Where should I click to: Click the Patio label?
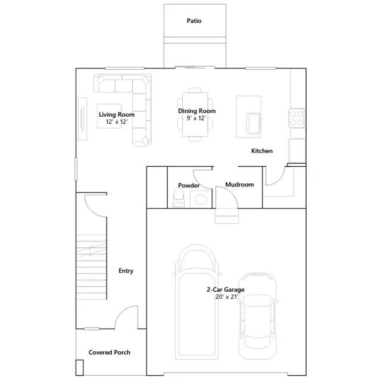pos(194,21)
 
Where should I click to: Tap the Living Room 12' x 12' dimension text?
pos(117,121)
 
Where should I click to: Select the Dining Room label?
pos(197,111)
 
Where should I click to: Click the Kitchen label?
pos(262,151)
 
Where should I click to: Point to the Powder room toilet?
pos(179,198)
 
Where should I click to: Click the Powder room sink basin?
pos(201,200)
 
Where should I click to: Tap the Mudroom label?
pos(239,185)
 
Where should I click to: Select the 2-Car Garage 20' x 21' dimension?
pos(226,296)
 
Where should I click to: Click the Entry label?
pos(126,271)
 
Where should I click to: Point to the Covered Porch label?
pos(110,352)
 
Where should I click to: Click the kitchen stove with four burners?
pos(296,118)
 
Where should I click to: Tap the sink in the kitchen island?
pos(254,123)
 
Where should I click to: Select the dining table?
pos(195,114)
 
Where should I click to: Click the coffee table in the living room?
pos(110,116)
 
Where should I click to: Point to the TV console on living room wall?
pos(82,119)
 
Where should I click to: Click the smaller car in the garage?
pos(258,316)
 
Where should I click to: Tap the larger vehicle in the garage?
pos(197,302)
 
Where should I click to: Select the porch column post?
pos(79,368)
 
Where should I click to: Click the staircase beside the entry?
pos(91,267)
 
